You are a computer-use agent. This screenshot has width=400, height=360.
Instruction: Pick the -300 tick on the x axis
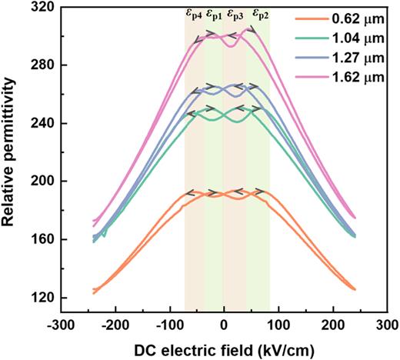pyautogui.click(x=60, y=325)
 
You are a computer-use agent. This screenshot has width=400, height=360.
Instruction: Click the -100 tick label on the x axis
pyautogui.click(x=168, y=325)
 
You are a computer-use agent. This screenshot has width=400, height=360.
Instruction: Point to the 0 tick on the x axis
pyautogui.click(x=224, y=325)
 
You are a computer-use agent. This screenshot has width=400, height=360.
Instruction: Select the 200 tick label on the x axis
pyautogui.click(x=333, y=325)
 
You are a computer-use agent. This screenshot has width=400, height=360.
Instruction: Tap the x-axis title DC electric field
pyautogui.click(x=223, y=347)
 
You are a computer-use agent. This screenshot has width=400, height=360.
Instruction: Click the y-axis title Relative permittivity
pyautogui.click(x=11, y=162)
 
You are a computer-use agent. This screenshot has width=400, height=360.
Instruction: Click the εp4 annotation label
pyautogui.click(x=194, y=14)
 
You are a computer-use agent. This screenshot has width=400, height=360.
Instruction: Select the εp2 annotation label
pyautogui.click(x=261, y=14)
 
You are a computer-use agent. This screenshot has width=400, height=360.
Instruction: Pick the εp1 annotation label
pyautogui.click(x=215, y=14)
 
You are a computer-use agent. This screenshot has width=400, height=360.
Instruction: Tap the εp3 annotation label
pyautogui.click(x=236, y=14)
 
